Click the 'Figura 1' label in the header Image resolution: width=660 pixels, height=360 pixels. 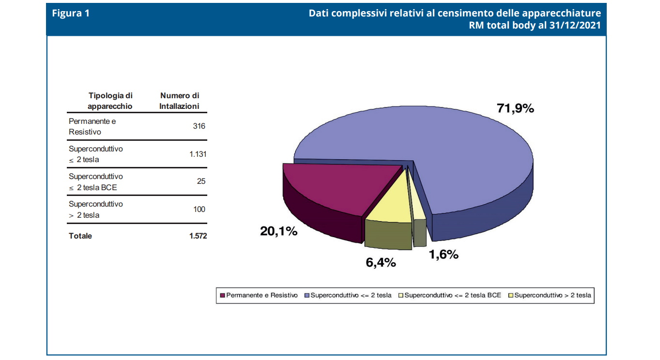71,14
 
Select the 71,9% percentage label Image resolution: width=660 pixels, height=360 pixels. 515,108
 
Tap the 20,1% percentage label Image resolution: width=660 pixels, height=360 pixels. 278,232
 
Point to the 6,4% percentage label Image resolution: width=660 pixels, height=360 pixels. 381,262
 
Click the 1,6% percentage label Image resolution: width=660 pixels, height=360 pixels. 443,255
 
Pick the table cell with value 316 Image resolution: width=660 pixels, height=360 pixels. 199,126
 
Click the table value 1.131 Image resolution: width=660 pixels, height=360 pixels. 198,154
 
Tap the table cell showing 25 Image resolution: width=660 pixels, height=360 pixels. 201,181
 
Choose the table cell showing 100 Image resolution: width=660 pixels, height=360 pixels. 199,209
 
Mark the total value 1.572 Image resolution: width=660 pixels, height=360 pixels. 198,236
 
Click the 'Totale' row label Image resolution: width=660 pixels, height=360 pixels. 80,236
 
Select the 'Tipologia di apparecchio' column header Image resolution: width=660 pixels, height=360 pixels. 110,101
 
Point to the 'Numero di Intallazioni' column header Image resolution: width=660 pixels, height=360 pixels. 180,101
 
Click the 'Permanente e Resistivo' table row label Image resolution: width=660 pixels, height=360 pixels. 92,126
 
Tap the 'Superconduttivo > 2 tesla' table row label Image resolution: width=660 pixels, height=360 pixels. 96,210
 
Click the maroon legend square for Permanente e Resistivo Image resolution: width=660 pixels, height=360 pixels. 223,295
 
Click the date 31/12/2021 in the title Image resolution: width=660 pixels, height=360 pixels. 575,25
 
